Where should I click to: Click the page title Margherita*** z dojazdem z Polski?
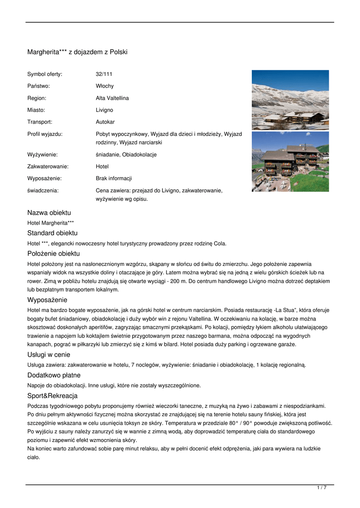click(x=77, y=52)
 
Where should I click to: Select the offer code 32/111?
click(x=104, y=74)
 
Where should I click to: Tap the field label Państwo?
click(x=39, y=86)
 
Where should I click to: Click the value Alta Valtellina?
click(x=112, y=98)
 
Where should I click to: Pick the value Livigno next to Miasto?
click(x=104, y=110)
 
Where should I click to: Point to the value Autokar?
click(x=105, y=122)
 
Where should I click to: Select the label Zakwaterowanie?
click(x=48, y=166)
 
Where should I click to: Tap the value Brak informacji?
click(x=114, y=178)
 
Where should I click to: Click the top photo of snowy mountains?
click(x=290, y=100)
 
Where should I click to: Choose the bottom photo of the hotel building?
click(x=290, y=161)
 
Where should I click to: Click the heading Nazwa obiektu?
click(x=49, y=213)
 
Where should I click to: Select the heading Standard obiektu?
click(x=52, y=233)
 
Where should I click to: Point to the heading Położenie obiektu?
click(x=53, y=254)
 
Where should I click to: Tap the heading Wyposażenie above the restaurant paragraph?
click(x=47, y=300)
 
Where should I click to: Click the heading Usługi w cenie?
click(x=49, y=355)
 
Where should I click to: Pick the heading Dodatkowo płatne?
click(x=54, y=375)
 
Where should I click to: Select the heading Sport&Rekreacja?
click(x=52, y=395)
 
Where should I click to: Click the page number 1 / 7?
click(x=321, y=488)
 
